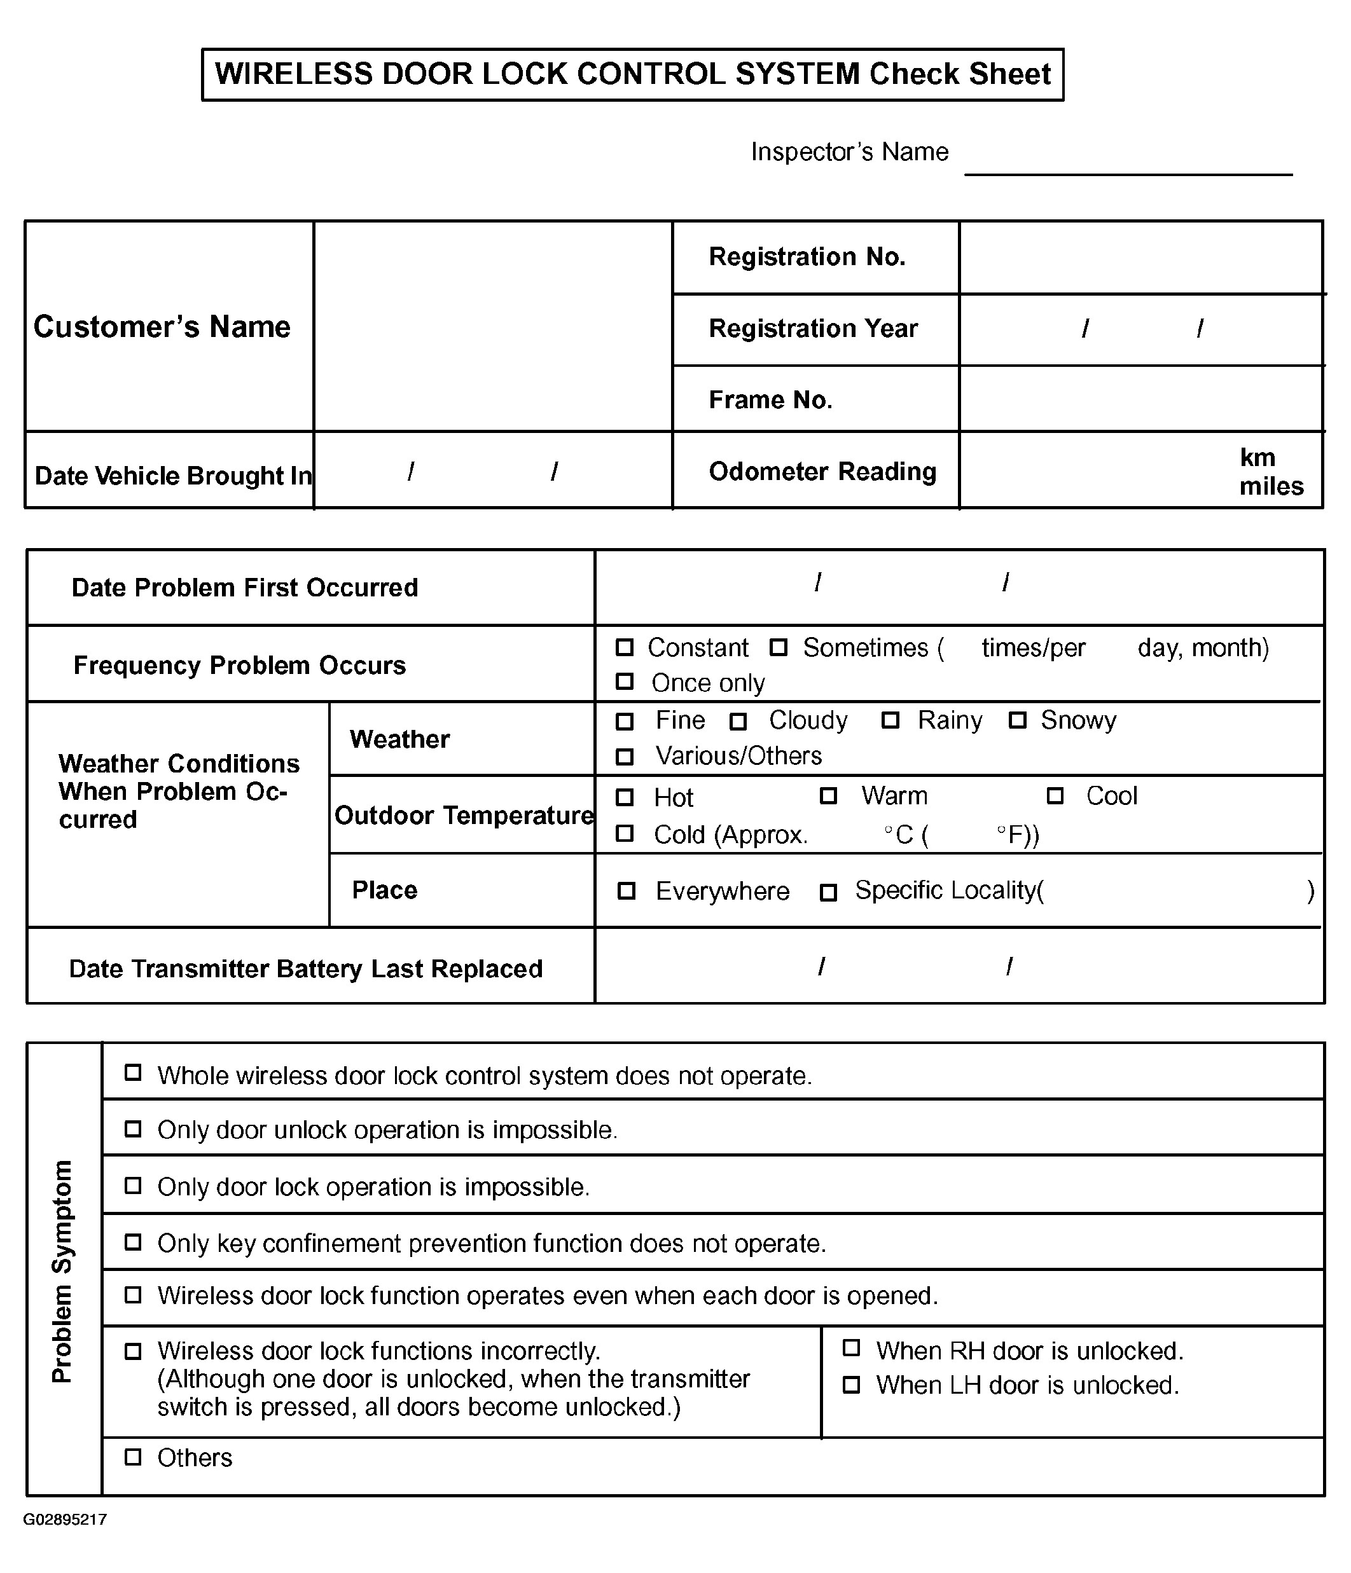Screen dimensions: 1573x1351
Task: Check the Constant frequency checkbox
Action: point(624,647)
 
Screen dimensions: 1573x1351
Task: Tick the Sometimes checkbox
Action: point(779,647)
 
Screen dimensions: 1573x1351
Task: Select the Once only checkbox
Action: point(624,682)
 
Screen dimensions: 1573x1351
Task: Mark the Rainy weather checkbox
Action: point(890,720)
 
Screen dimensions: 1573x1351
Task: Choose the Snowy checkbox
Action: point(1018,720)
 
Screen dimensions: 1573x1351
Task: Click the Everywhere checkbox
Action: point(627,891)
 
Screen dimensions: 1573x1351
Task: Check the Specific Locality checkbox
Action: point(829,892)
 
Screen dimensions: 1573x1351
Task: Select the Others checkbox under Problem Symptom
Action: point(133,1457)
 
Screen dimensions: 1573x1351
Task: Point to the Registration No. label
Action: point(807,257)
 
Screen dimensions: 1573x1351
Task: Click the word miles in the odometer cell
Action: point(1271,486)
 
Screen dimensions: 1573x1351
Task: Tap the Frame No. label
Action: point(770,399)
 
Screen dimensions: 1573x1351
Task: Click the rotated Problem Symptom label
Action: point(62,1272)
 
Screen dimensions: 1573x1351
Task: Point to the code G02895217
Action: point(66,1519)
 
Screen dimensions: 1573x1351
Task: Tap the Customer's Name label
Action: point(162,326)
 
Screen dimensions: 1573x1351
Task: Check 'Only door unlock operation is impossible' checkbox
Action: point(133,1129)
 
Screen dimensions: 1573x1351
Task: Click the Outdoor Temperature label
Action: point(463,815)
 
